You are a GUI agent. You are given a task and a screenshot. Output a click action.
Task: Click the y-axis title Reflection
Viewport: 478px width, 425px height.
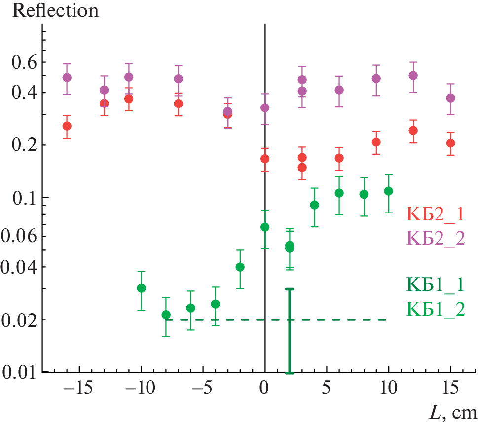click(55, 11)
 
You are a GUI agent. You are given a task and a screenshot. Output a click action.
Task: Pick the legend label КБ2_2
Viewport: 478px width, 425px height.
click(435, 238)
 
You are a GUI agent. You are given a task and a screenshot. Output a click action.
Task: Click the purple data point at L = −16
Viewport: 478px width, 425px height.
click(67, 78)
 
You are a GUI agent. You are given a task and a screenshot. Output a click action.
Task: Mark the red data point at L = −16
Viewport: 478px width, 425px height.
click(67, 126)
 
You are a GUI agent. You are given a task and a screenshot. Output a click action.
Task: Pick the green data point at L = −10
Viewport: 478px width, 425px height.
click(141, 288)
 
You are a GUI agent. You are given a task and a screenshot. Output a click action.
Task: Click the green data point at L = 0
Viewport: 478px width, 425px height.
click(265, 227)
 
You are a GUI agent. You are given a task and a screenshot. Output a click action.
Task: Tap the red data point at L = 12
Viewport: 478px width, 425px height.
click(413, 131)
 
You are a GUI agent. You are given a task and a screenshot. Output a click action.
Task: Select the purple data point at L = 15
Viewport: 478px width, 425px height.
click(450, 98)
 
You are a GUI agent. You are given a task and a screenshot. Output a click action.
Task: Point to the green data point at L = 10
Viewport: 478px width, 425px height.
click(389, 191)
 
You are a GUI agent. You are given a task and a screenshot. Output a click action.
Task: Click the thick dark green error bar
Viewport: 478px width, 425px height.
click(290, 330)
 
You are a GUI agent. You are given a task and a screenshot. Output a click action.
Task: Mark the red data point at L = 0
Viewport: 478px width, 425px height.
click(265, 159)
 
